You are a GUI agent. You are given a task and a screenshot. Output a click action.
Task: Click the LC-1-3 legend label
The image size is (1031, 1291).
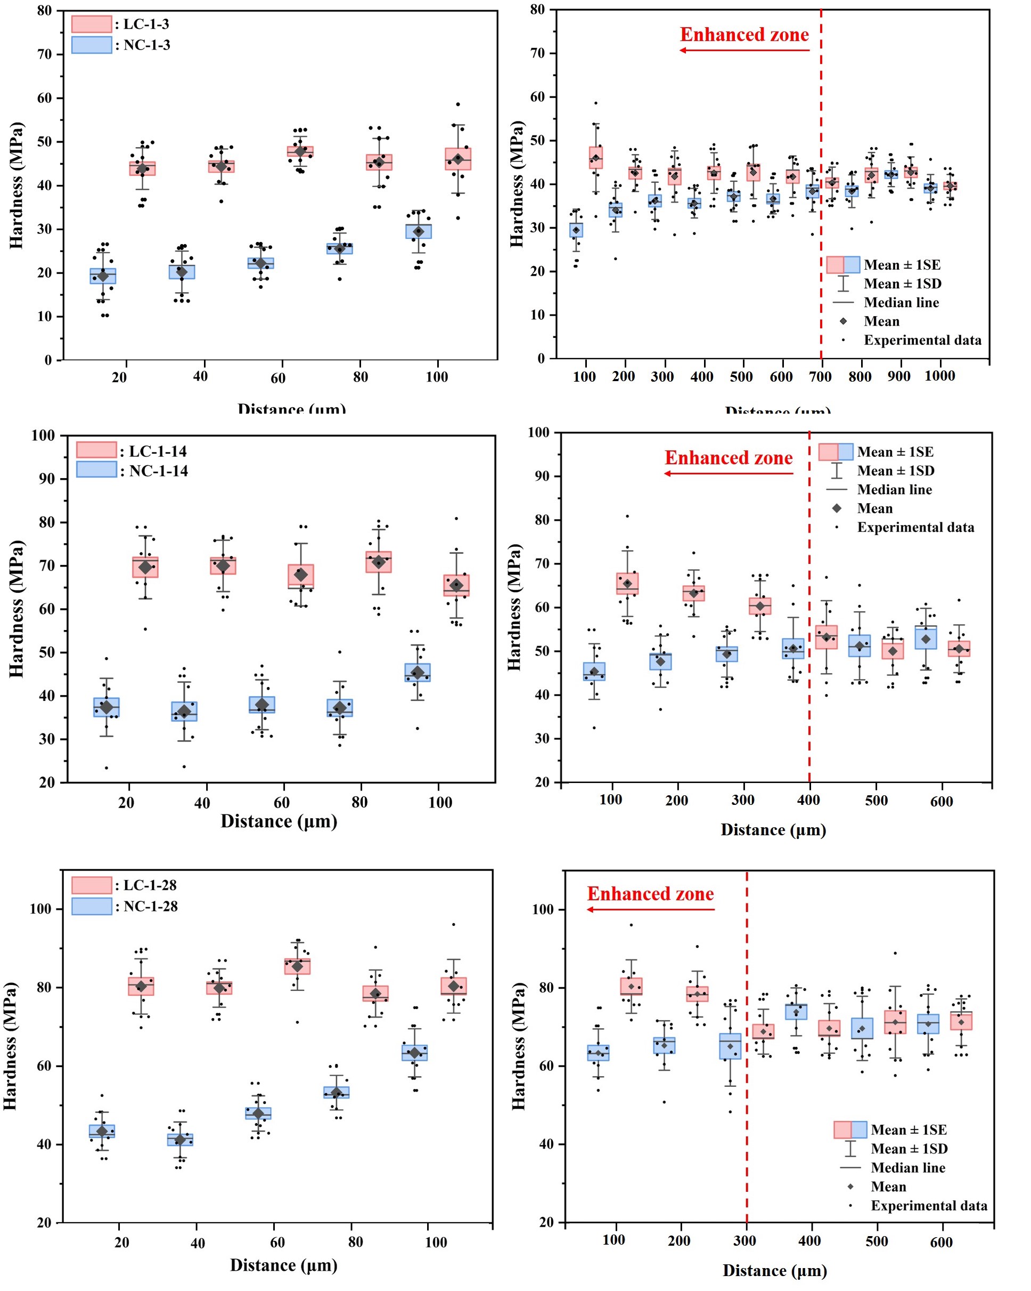click(x=146, y=25)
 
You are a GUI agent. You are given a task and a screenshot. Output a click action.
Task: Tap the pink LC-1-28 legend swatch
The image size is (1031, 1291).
click(x=92, y=885)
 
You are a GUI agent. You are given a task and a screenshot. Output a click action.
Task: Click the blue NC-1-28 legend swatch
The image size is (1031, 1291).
click(x=92, y=906)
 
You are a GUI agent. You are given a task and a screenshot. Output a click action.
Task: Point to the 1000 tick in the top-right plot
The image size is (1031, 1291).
click(x=939, y=376)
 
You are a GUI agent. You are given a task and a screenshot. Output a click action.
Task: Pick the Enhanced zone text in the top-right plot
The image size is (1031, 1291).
click(x=744, y=35)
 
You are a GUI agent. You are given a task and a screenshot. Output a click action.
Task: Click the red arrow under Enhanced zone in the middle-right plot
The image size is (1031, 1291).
click(x=728, y=474)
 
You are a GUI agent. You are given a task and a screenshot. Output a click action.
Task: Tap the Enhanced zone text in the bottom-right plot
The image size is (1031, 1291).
click(x=650, y=894)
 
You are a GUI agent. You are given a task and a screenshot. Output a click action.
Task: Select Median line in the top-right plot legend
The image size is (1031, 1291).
click(x=901, y=302)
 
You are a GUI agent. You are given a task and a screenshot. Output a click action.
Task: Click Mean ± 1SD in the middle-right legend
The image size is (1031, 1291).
click(x=895, y=471)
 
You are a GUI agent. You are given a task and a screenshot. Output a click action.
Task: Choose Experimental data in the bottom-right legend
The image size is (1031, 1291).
click(x=929, y=1205)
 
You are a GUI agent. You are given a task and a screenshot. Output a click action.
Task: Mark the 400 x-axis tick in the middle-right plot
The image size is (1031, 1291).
click(x=808, y=800)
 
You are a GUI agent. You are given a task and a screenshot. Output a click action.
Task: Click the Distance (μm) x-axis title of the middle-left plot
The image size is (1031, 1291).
click(x=279, y=821)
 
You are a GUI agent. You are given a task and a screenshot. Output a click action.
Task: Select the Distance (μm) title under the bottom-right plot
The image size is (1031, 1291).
click(x=774, y=1271)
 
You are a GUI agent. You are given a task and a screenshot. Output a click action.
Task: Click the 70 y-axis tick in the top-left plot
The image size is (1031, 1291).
click(x=44, y=54)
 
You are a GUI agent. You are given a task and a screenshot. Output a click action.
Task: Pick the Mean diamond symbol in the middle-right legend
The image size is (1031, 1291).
click(x=837, y=509)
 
